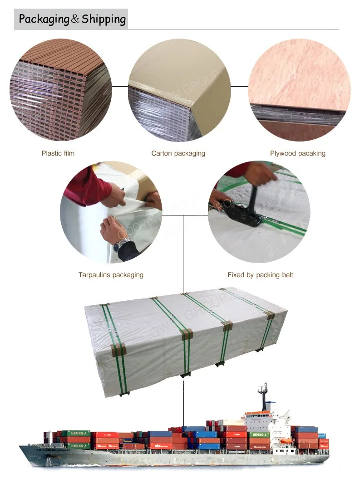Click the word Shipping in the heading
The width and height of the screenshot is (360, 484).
[x=103, y=19]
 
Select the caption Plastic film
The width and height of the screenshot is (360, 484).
[x=58, y=153]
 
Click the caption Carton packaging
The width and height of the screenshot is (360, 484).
[x=178, y=153]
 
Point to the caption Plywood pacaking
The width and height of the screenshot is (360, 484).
[x=297, y=153]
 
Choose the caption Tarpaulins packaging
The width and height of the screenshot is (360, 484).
[x=111, y=275]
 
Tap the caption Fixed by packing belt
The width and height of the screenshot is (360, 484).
[x=260, y=275]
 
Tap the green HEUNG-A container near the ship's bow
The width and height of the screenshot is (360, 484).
[x=76, y=434]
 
